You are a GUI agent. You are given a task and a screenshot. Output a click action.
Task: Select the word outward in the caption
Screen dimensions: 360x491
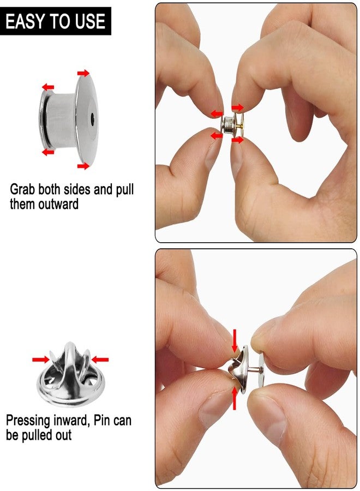[58, 204]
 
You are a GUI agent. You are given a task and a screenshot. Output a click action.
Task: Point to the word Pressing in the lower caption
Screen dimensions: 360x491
[28, 421]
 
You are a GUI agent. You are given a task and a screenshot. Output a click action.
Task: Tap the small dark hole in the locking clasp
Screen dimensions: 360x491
[92, 119]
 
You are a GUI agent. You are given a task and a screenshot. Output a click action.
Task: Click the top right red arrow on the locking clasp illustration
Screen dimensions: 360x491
[83, 73]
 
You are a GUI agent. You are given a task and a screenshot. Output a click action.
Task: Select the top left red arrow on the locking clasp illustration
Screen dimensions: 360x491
[48, 87]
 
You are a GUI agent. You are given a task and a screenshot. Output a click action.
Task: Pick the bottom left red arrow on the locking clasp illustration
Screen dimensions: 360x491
[48, 152]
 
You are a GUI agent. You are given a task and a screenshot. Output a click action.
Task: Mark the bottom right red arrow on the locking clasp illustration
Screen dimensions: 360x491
[83, 166]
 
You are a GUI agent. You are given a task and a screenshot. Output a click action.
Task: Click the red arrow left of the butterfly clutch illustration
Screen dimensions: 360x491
[41, 360]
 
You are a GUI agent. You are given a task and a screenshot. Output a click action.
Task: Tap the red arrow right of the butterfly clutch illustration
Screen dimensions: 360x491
[100, 360]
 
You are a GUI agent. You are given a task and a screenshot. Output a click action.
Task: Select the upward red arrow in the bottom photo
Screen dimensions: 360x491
[234, 398]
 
